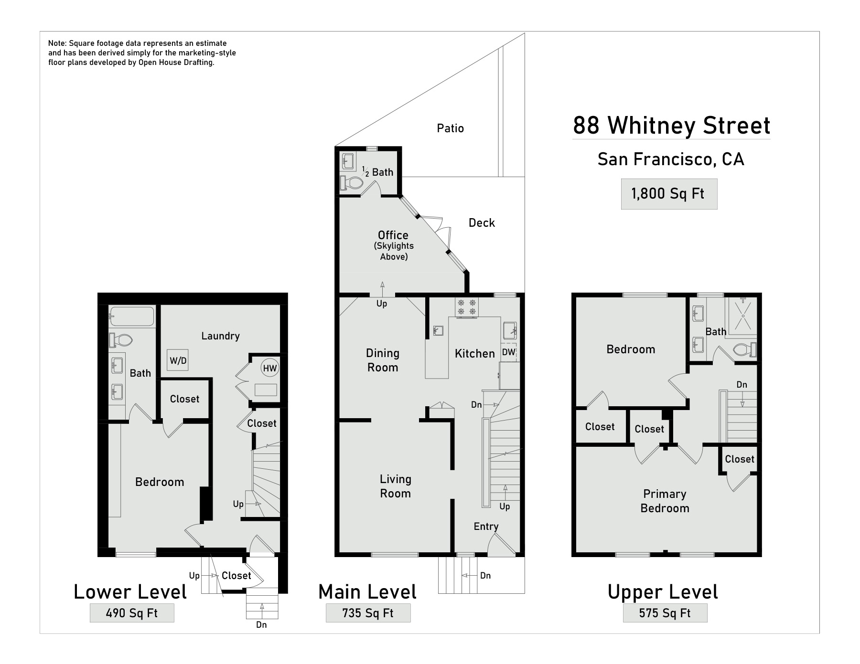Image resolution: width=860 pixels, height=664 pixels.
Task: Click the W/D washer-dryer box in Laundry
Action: [178, 360]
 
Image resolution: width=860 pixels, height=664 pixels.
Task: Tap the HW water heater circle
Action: [269, 368]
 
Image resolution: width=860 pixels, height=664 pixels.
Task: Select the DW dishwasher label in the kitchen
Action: [509, 352]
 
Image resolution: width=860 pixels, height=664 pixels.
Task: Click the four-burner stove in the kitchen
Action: [467, 307]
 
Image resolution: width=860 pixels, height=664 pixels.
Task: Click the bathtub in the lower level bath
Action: [131, 316]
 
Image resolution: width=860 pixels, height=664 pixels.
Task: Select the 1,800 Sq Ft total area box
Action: [669, 194]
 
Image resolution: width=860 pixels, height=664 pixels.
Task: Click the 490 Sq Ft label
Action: [132, 613]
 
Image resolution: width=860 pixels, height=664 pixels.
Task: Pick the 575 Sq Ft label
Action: [665, 613]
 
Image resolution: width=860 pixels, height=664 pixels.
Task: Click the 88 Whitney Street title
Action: [671, 126]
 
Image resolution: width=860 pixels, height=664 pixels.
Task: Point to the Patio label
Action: [450, 128]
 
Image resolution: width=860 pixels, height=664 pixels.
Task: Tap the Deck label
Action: [482, 223]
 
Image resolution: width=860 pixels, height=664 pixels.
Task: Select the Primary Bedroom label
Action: [665, 501]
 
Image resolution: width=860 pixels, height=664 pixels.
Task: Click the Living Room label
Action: [395, 486]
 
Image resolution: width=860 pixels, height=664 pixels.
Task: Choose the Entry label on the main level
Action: [486, 527]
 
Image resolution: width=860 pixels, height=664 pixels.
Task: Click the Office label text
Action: [393, 235]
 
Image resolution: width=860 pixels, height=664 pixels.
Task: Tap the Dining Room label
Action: [382, 360]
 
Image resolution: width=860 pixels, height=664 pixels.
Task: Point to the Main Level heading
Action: [367, 592]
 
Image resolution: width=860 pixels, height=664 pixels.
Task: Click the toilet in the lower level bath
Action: [121, 340]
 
